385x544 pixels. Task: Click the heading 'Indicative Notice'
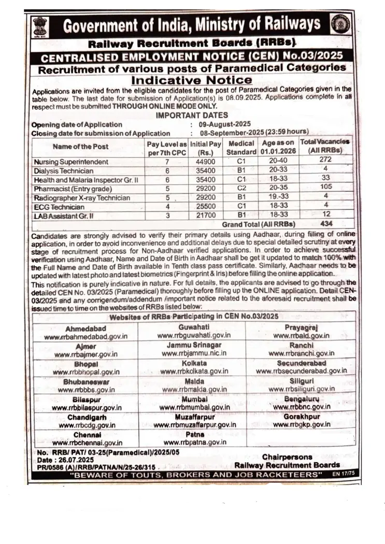pyautogui.click(x=192, y=80)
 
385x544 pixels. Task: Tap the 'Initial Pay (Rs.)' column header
pyautogui.click(x=206, y=148)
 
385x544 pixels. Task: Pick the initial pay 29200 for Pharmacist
pyautogui.click(x=206, y=189)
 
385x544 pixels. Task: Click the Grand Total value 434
pyautogui.click(x=325, y=224)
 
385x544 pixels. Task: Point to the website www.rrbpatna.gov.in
pyautogui.click(x=194, y=442)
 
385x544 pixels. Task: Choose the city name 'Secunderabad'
pyautogui.click(x=301, y=363)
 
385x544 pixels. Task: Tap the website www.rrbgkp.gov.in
pyautogui.click(x=301, y=424)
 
